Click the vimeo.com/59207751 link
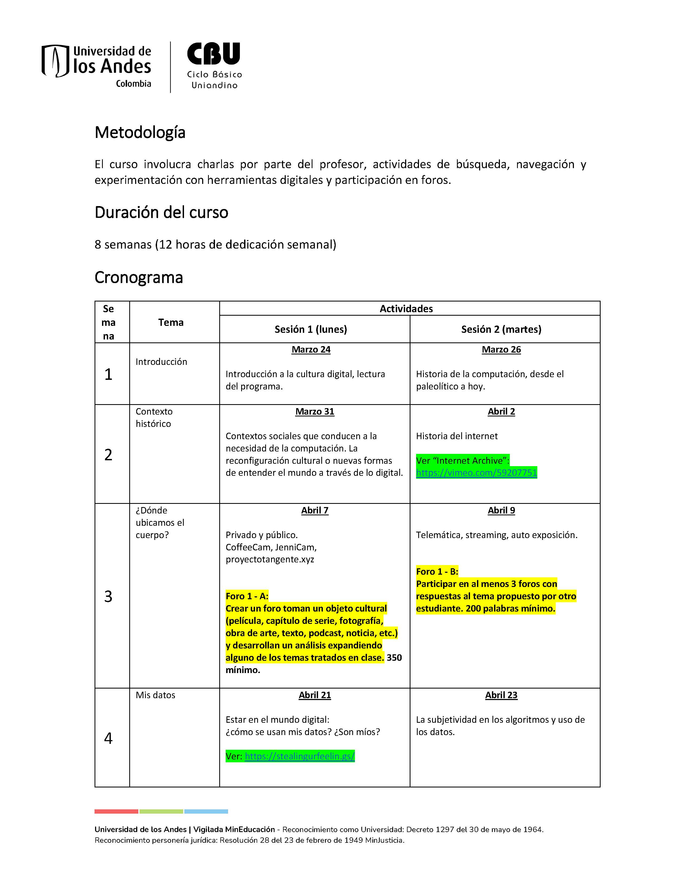coord(476,473)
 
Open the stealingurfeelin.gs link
coord(300,756)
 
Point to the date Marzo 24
coord(311,349)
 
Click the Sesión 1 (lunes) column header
coord(311,329)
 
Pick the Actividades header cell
coord(406,309)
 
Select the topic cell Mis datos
coord(155,695)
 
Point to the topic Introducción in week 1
coord(161,361)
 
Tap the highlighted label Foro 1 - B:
coord(437,571)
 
